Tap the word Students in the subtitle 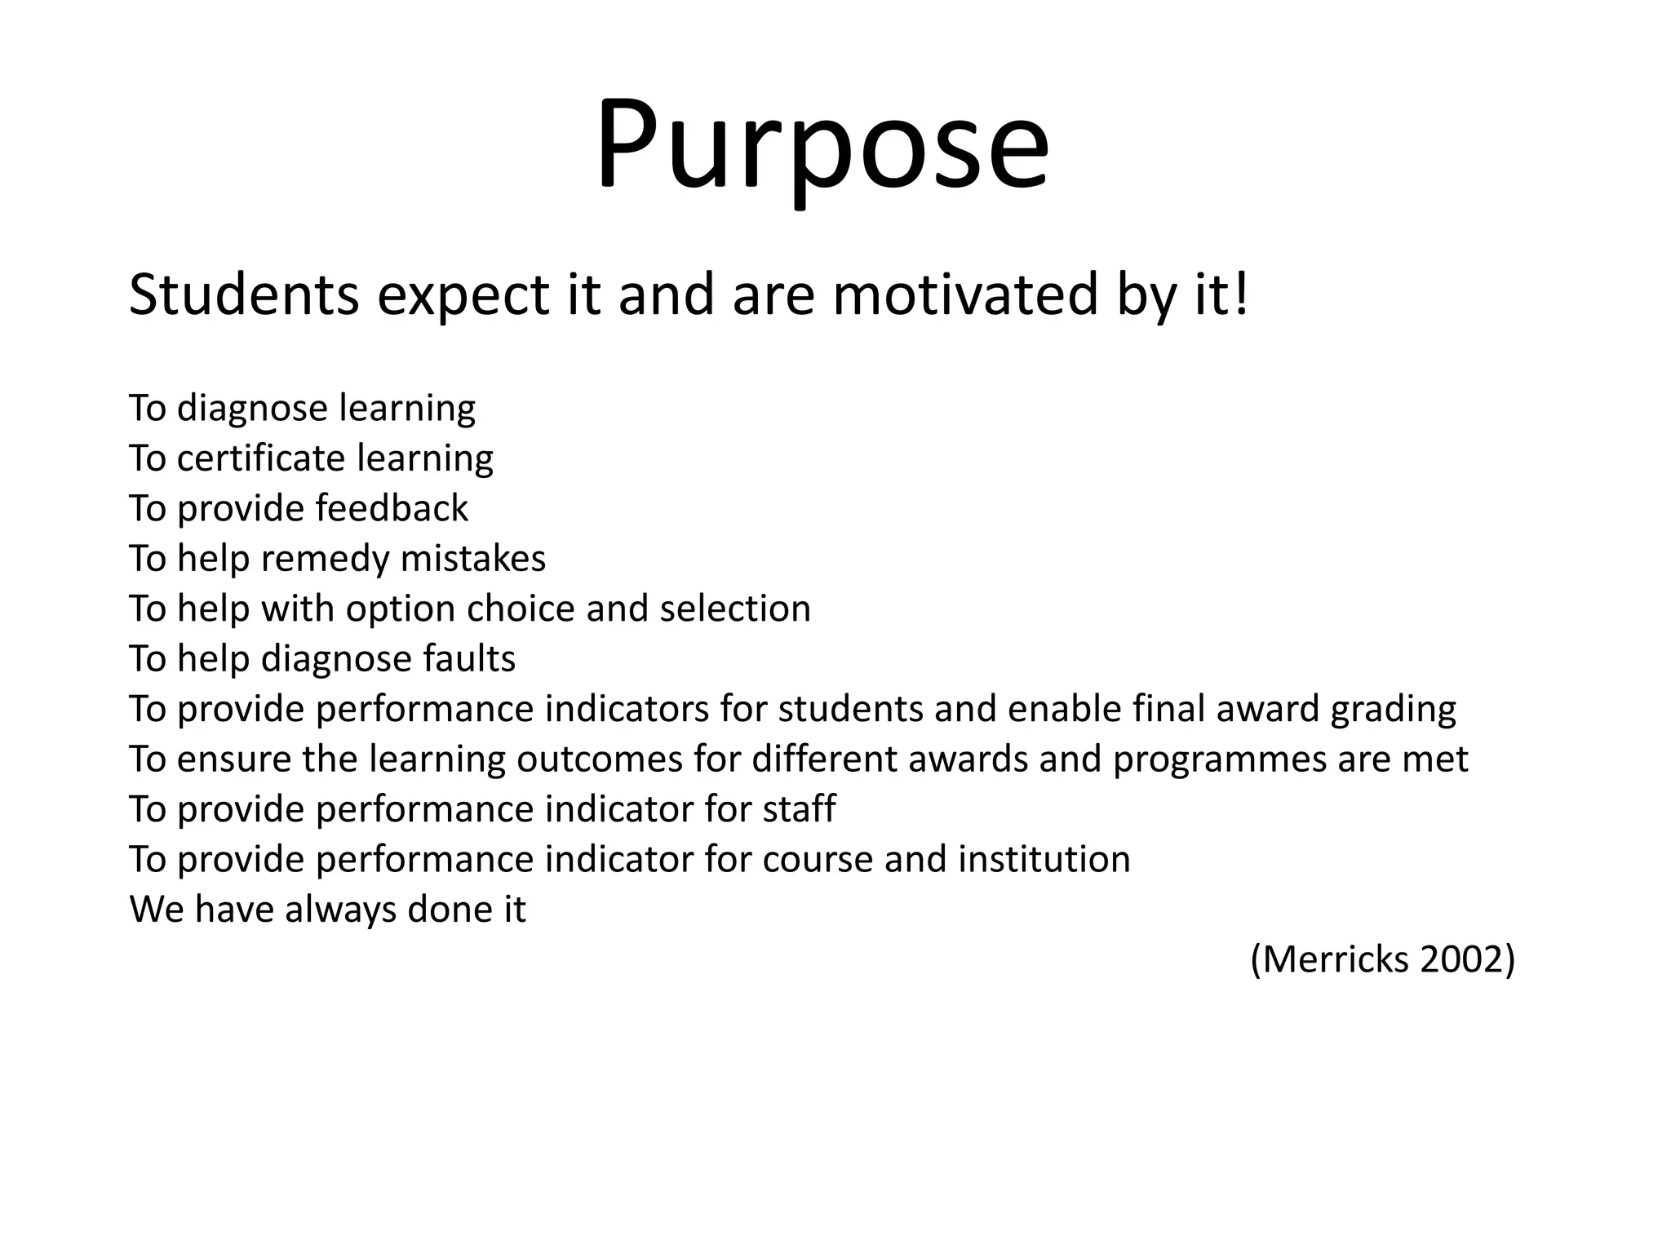click(243, 294)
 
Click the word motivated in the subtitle click(965, 294)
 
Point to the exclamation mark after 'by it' click(1242, 294)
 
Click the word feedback click(392, 508)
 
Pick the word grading click(1393, 710)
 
